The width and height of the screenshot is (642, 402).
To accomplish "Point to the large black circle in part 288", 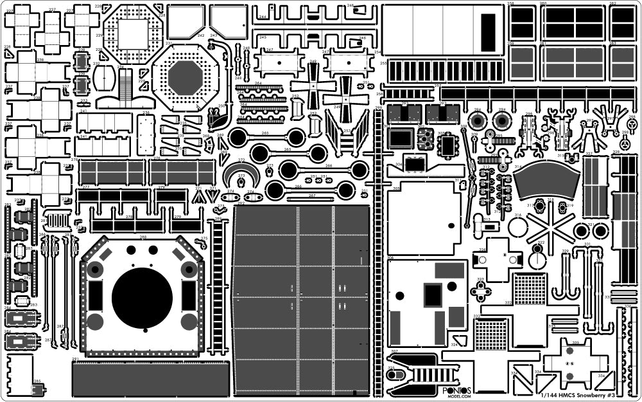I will [142, 298].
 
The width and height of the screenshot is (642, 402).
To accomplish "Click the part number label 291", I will [75, 359].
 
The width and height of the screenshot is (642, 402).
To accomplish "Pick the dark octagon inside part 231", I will [186, 78].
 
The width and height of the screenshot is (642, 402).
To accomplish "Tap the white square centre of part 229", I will [133, 33].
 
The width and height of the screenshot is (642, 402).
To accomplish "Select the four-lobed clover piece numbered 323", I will [481, 291].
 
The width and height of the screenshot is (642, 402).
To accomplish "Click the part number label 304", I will [399, 165].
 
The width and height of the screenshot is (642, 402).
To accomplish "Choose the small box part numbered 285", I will [38, 388].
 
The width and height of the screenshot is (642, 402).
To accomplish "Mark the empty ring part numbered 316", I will [517, 226].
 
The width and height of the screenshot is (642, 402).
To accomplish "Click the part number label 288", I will [143, 237].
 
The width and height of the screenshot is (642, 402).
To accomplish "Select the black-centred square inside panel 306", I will [432, 295].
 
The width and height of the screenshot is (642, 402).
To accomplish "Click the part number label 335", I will [575, 343].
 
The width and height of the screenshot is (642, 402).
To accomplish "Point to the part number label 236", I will [146, 113].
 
